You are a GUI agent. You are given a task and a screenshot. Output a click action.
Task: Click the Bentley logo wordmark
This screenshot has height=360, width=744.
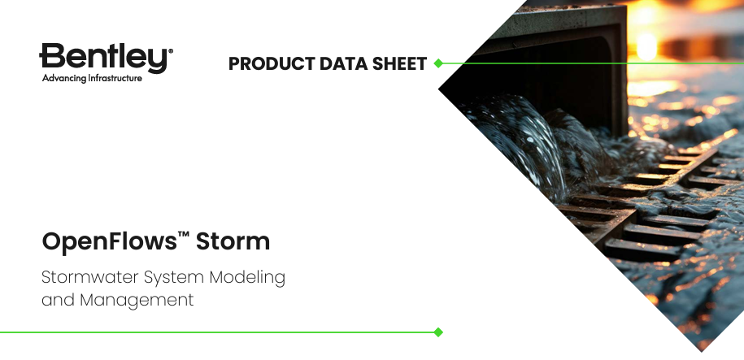pos(104,59)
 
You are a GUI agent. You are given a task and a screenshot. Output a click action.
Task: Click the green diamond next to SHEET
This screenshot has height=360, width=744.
pos(437,63)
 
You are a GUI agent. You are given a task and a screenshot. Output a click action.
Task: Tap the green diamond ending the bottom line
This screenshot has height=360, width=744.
pos(438,332)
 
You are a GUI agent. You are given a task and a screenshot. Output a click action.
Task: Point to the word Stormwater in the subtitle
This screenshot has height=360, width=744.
pos(89,277)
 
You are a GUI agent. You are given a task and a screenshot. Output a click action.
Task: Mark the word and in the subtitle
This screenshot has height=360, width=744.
pos(57,300)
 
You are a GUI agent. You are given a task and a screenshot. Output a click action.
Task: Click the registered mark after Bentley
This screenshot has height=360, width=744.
pos(170,50)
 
